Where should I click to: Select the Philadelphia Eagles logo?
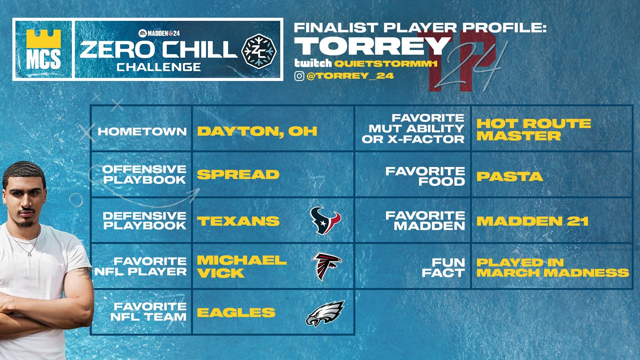pyautogui.click(x=325, y=313)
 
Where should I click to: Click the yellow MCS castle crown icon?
pyautogui.click(x=43, y=39)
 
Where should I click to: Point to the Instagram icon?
pyautogui.click(x=299, y=76)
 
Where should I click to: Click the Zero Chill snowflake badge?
pyautogui.click(x=259, y=50)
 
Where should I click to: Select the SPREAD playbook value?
pyautogui.click(x=238, y=174)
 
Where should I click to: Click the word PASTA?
pyautogui.click(x=509, y=176)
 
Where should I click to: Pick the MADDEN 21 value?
pyautogui.click(x=532, y=221)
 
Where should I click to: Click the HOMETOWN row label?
pyautogui.click(x=142, y=131)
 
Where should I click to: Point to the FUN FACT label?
pyautogui.click(x=443, y=268)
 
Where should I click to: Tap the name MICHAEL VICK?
pyautogui.click(x=241, y=266)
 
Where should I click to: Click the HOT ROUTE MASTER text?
pyautogui.click(x=533, y=130)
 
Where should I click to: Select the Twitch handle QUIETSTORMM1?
pyautogui.click(x=386, y=63)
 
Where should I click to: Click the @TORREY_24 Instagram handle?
pyautogui.click(x=350, y=76)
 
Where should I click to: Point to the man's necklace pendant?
pyautogui.click(x=30, y=254)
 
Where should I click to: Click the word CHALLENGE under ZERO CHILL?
pyautogui.click(x=159, y=67)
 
